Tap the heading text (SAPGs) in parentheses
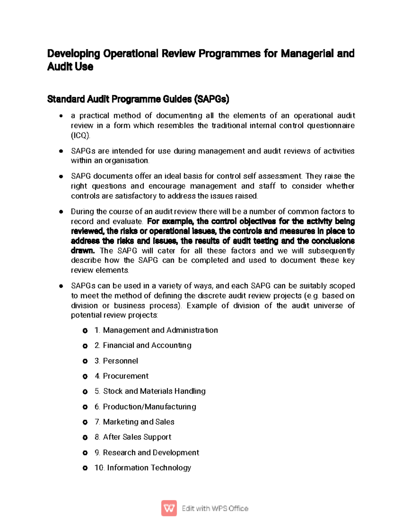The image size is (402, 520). point(211,99)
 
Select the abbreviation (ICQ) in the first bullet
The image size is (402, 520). point(80,135)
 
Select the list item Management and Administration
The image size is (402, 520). point(160,330)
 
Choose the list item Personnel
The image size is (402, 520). point(120,361)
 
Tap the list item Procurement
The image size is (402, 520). point(126,376)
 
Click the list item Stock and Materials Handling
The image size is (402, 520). point(154,391)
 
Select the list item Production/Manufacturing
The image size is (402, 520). point(149,406)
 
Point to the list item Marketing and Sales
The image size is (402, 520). point(138,422)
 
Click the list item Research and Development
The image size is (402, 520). point(151,453)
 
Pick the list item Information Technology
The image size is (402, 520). point(149,468)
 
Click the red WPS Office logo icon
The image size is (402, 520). point(169,508)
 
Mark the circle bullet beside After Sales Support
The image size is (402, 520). point(85,437)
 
